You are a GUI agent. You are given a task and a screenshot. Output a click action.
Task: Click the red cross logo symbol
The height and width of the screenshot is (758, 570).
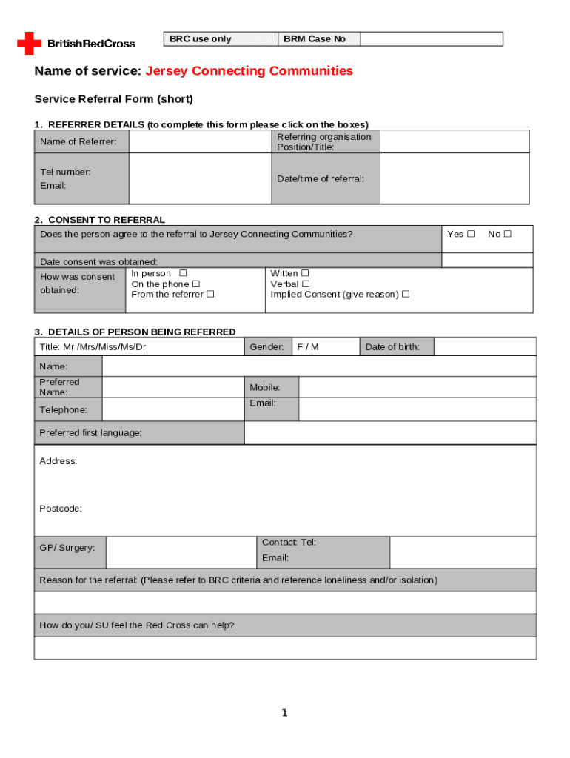30,43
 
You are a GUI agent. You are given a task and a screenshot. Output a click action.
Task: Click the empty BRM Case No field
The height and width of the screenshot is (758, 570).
432,39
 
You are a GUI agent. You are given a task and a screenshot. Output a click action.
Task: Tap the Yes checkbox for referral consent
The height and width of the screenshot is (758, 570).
471,234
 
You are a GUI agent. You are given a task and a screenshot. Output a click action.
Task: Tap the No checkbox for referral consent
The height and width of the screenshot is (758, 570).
508,234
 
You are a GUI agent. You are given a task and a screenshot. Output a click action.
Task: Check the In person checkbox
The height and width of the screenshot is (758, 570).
184,274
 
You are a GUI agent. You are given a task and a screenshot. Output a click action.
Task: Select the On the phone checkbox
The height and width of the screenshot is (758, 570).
196,284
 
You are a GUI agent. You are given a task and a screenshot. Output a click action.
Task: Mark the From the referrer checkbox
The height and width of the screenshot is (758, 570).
210,295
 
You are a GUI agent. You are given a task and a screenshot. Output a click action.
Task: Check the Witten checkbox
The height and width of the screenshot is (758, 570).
305,274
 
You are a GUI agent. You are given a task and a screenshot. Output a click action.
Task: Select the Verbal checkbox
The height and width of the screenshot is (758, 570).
306,284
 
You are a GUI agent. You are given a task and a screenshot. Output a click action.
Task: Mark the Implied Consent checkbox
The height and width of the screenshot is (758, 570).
405,295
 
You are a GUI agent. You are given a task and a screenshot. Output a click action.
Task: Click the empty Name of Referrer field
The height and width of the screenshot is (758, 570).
200,141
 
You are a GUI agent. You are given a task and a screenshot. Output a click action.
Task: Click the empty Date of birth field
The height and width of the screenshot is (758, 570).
484,347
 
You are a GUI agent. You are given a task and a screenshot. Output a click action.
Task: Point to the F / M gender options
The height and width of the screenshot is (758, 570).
308,347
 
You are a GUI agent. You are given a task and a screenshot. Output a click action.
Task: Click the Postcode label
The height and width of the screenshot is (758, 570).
61,509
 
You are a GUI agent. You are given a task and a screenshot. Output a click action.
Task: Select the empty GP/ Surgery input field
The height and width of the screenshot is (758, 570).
181,552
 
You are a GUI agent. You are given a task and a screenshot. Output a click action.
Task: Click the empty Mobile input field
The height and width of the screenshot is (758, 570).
417,387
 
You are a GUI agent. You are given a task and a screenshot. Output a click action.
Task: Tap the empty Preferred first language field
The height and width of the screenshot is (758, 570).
389,432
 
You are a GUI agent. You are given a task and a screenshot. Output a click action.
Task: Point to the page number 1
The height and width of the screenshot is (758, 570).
284,713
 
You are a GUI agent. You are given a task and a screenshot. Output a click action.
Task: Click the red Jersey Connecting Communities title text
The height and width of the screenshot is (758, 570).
249,71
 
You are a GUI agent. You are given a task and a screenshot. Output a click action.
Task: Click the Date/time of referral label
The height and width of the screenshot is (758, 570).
321,178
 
